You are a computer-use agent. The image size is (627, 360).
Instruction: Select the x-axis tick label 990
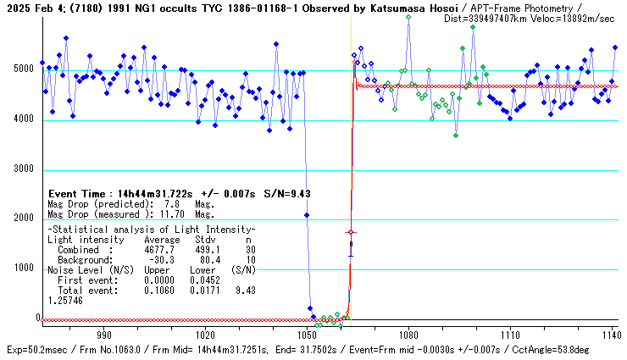(x=105, y=335)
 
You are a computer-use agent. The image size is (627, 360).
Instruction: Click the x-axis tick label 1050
(x=308, y=335)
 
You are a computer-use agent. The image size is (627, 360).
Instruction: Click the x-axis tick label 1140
(x=611, y=335)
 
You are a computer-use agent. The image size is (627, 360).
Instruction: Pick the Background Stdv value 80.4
(x=203, y=259)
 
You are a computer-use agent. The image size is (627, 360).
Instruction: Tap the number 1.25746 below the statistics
(x=65, y=300)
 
